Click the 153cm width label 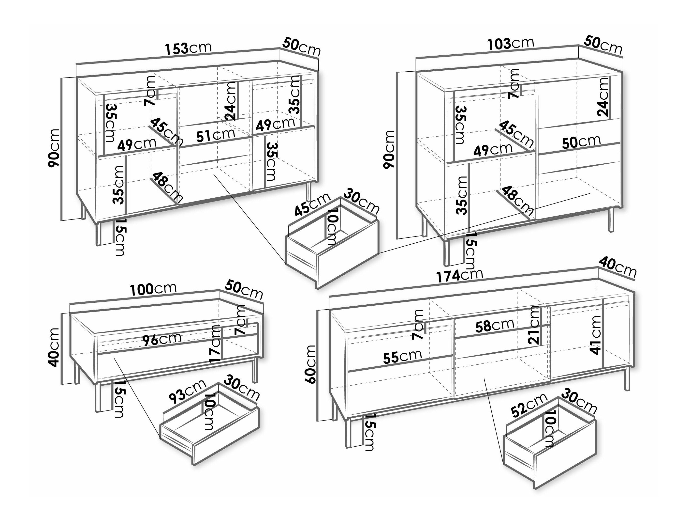tap(188, 48)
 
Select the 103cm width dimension tap(511, 43)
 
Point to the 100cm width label tap(153, 289)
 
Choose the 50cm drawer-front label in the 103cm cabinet tap(581, 142)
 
